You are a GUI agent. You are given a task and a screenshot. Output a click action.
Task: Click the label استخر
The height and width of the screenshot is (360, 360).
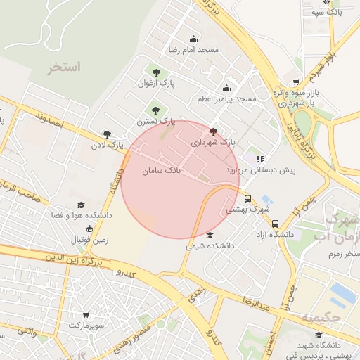65,67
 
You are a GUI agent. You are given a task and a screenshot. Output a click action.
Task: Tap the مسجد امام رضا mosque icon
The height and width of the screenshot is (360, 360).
193,39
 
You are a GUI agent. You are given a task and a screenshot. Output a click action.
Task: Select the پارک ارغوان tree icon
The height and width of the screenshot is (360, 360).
155,72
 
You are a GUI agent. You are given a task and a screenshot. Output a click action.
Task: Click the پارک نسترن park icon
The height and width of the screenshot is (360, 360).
155,109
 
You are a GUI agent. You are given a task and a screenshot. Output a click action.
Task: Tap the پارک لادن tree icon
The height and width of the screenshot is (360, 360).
107,134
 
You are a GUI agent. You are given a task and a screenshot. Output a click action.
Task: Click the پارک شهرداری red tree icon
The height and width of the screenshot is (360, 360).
214,131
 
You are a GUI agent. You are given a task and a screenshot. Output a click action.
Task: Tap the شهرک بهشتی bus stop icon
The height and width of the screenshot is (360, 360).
247,198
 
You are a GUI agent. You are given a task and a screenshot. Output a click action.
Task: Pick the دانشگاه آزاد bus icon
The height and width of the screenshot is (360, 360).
275,224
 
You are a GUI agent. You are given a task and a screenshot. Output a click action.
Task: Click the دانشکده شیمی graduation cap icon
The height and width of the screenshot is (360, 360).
210,236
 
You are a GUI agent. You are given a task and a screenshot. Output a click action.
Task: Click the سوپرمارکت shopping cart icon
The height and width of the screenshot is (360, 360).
86,314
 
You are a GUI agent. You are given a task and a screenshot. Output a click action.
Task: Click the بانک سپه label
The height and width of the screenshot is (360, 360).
328,12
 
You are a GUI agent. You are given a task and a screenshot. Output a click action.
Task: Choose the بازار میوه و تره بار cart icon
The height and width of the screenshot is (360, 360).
296,82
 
